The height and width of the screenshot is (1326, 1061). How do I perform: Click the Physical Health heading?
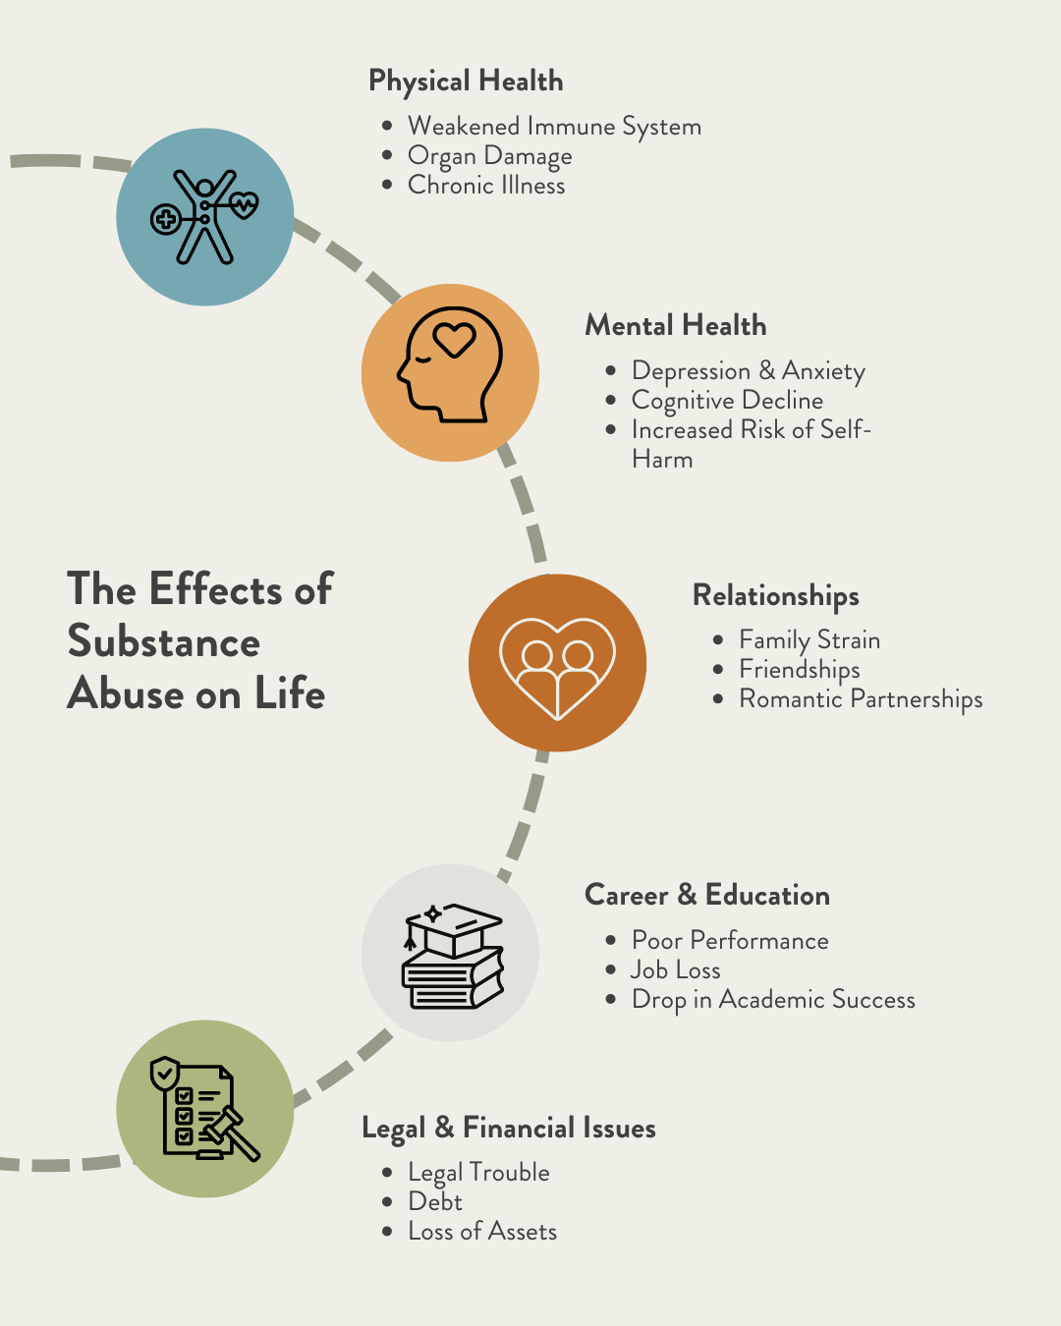(466, 82)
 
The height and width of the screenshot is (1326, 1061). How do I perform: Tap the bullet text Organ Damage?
(489, 156)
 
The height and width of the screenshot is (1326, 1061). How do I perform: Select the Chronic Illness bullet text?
(486, 186)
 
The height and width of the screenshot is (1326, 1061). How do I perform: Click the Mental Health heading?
(676, 326)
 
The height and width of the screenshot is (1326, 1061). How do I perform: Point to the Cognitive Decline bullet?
(727, 401)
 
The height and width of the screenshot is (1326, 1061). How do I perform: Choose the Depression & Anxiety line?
(748, 371)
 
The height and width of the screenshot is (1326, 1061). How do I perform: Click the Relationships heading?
(776, 596)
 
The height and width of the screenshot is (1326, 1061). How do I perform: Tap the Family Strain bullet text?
(810, 640)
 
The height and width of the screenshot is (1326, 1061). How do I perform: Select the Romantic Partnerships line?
(861, 699)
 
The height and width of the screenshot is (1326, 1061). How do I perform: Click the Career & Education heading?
(707, 896)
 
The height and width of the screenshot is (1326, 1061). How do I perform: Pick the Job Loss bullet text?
(676, 970)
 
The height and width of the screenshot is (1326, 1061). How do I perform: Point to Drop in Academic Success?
(773, 1000)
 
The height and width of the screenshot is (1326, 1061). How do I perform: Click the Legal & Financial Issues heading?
(509, 1129)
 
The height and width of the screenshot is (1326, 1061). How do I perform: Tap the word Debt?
(435, 1202)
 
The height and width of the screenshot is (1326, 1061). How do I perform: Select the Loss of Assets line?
(482, 1232)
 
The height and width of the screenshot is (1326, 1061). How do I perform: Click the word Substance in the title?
(164, 642)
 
